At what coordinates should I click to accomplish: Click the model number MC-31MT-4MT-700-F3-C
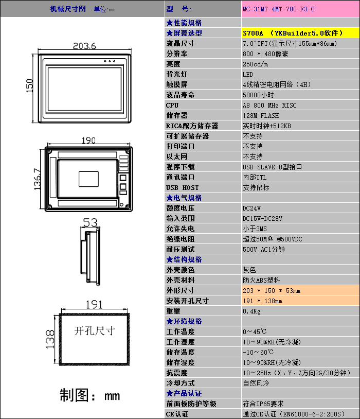coord(278,9)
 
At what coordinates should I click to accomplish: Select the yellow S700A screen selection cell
coord(293,33)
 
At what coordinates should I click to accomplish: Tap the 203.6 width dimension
coord(85,46)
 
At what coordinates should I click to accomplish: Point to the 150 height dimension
coord(30,85)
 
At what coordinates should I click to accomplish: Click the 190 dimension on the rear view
coord(88,140)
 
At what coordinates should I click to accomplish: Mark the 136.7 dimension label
coord(37,179)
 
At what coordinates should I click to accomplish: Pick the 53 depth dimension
coord(90,222)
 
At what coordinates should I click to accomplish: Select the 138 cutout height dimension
coord(50,339)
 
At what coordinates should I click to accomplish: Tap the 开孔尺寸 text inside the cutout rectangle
coord(95,330)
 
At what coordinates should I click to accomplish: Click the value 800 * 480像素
coord(265,54)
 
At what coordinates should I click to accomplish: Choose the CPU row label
coord(172,105)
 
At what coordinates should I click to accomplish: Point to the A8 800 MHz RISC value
coord(269,105)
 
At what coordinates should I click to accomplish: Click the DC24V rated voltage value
coord(251,208)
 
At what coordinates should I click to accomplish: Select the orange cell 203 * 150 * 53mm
coord(272,290)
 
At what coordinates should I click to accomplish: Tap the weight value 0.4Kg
coord(251,311)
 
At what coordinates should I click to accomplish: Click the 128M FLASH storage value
coord(261,115)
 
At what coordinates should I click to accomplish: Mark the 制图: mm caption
coord(89,395)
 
